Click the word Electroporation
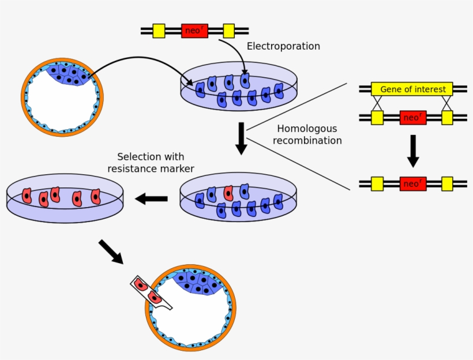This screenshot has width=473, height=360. click(283, 46)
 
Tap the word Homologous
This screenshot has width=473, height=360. click(307, 129)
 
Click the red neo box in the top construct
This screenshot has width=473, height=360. click(194, 31)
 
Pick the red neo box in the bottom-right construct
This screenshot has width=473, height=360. click(413, 184)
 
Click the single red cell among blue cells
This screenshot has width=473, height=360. click(228, 193)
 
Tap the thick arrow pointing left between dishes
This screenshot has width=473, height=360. click(151, 198)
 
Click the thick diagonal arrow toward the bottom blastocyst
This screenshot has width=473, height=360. click(111, 252)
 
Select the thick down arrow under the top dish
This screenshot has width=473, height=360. click(241, 138)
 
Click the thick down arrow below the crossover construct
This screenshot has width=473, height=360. click(413, 151)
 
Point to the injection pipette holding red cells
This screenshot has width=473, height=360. click(151, 292)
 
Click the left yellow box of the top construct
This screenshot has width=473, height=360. click(159, 31)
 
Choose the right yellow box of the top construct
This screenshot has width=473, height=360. click(228, 31)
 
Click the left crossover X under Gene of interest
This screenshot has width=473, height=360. click(377, 103)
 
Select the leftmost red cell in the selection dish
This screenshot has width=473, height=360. click(27, 196)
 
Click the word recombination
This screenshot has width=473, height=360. click(307, 141)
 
